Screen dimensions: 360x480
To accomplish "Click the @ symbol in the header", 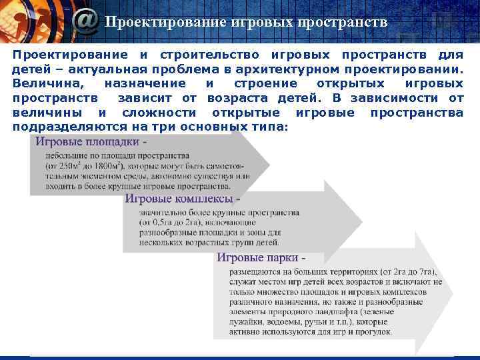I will (x=86, y=21).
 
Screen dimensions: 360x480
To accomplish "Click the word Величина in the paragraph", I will (x=47, y=83).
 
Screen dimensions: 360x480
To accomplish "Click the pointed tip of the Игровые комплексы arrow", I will (x=362, y=221).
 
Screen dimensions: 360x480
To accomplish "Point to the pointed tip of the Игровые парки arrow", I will (x=454, y=293).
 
